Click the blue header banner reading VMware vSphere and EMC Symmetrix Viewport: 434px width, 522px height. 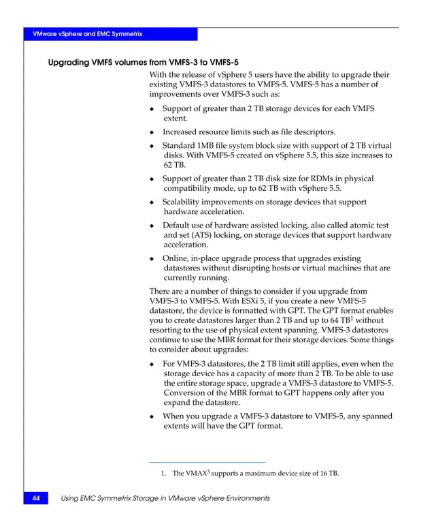point(110,34)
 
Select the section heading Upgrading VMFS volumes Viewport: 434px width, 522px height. point(143,62)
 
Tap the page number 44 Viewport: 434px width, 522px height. point(35,499)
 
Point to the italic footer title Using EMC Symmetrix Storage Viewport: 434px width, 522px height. point(165,499)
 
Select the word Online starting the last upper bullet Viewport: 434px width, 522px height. point(176,258)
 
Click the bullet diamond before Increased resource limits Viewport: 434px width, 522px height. point(152,133)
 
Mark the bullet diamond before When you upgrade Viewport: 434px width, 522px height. point(152,416)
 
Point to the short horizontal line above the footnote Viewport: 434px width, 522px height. point(207,462)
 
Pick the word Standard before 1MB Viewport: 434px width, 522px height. point(182,146)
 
